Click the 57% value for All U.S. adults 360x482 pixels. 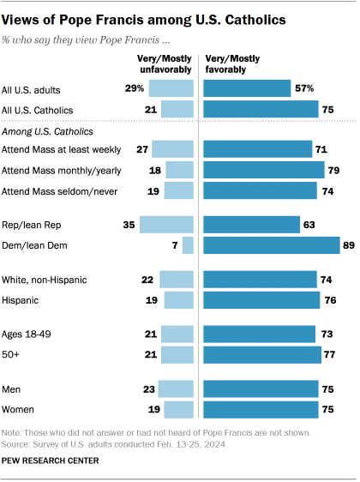(303, 87)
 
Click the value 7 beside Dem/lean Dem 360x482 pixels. (174, 245)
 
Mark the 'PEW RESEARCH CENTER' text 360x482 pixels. (51, 461)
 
